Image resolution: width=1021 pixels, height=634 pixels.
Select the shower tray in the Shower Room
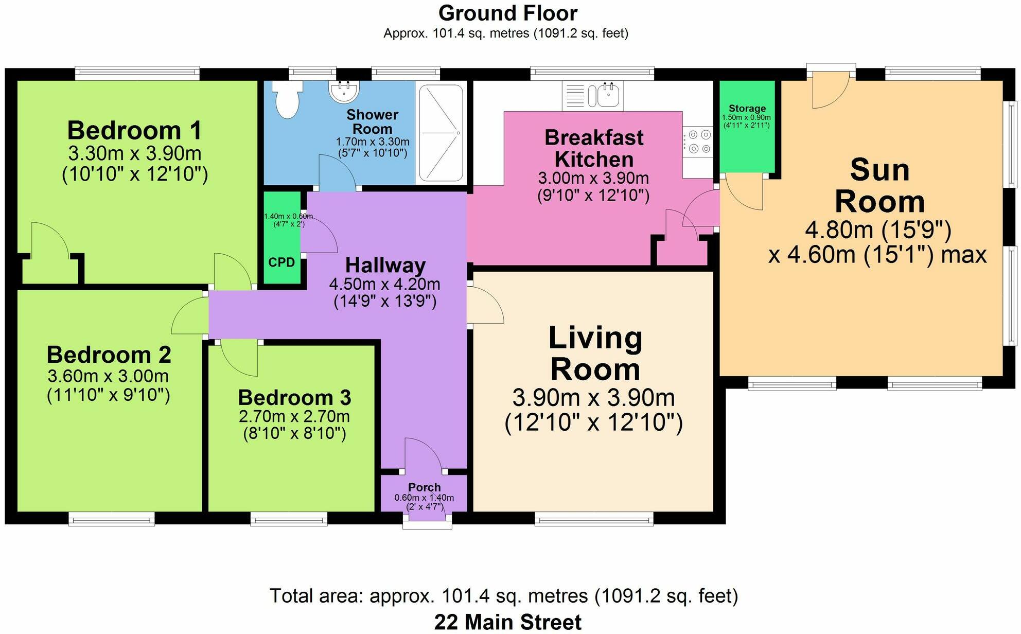pos(441,133)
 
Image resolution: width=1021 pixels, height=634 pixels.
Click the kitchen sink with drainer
pos(593,95)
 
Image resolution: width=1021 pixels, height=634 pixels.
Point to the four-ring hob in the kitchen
pos(698,142)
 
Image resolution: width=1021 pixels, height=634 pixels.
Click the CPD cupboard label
pos(281,262)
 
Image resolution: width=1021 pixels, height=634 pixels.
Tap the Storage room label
pos(747,108)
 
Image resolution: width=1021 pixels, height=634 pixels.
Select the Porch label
pos(425,487)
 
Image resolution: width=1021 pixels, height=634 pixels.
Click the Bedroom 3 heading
pos(294,397)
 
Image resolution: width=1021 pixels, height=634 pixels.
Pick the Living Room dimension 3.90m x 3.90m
pos(594,398)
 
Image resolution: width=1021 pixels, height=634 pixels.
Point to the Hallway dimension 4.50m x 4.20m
pos(385,284)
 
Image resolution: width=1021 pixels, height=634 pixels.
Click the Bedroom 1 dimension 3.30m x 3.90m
pos(135,153)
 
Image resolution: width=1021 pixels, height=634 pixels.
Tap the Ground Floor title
pos(508,13)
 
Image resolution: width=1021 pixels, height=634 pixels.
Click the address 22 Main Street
pos(508,622)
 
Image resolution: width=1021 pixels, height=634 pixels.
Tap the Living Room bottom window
pos(594,519)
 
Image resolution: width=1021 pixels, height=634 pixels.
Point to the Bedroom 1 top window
pos(137,74)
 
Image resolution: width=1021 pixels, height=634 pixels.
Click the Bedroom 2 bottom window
pos(112,519)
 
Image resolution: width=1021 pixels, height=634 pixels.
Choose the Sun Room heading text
pos(880,185)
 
